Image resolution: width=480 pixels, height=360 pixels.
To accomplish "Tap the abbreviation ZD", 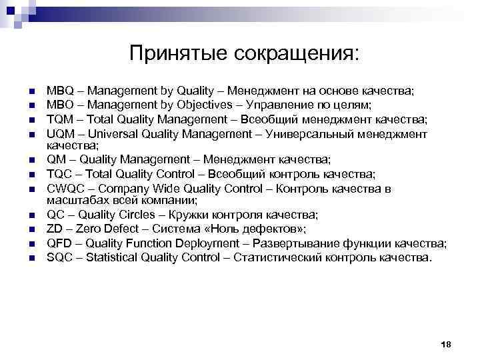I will [x=54, y=229].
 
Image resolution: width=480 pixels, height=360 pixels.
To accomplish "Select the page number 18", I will [x=447, y=343].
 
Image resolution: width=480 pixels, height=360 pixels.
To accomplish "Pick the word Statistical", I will [x=113, y=257].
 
